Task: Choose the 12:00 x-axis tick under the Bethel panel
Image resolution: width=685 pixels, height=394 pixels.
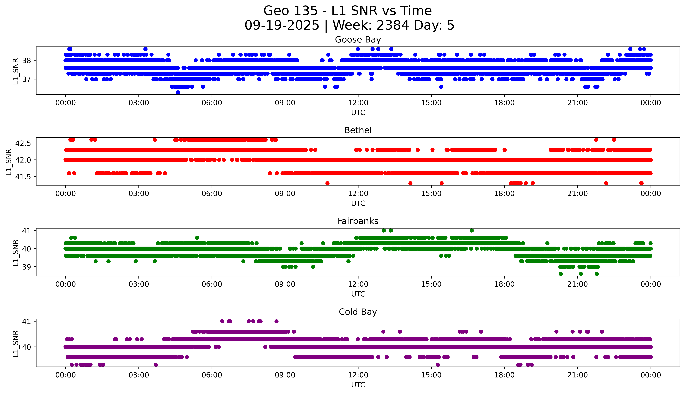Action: click(x=358, y=193)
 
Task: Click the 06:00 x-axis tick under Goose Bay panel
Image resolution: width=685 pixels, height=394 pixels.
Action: click(x=212, y=103)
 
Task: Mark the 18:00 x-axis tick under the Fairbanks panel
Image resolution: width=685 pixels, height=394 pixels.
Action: click(x=504, y=284)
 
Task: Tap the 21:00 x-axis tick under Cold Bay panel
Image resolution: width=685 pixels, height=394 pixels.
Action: click(x=577, y=375)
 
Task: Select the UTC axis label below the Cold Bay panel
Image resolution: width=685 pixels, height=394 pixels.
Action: click(x=358, y=385)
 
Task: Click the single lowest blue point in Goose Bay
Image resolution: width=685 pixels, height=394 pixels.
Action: click(x=178, y=92)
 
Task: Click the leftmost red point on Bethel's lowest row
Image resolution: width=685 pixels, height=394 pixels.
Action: click(x=327, y=183)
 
